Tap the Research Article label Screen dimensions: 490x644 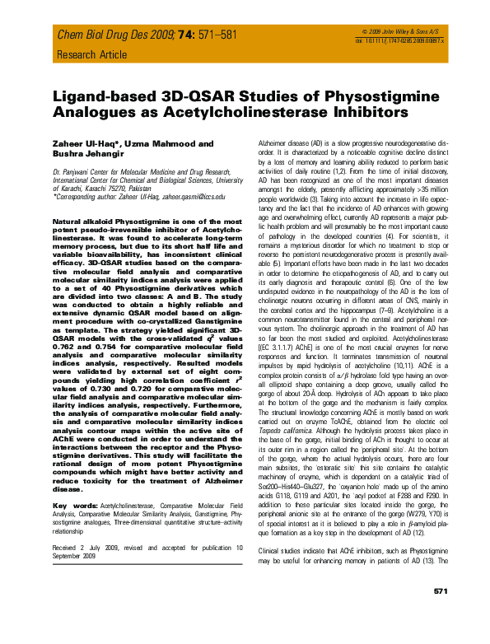click(x=88, y=55)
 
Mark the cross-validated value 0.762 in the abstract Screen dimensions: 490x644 click(x=63, y=360)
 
